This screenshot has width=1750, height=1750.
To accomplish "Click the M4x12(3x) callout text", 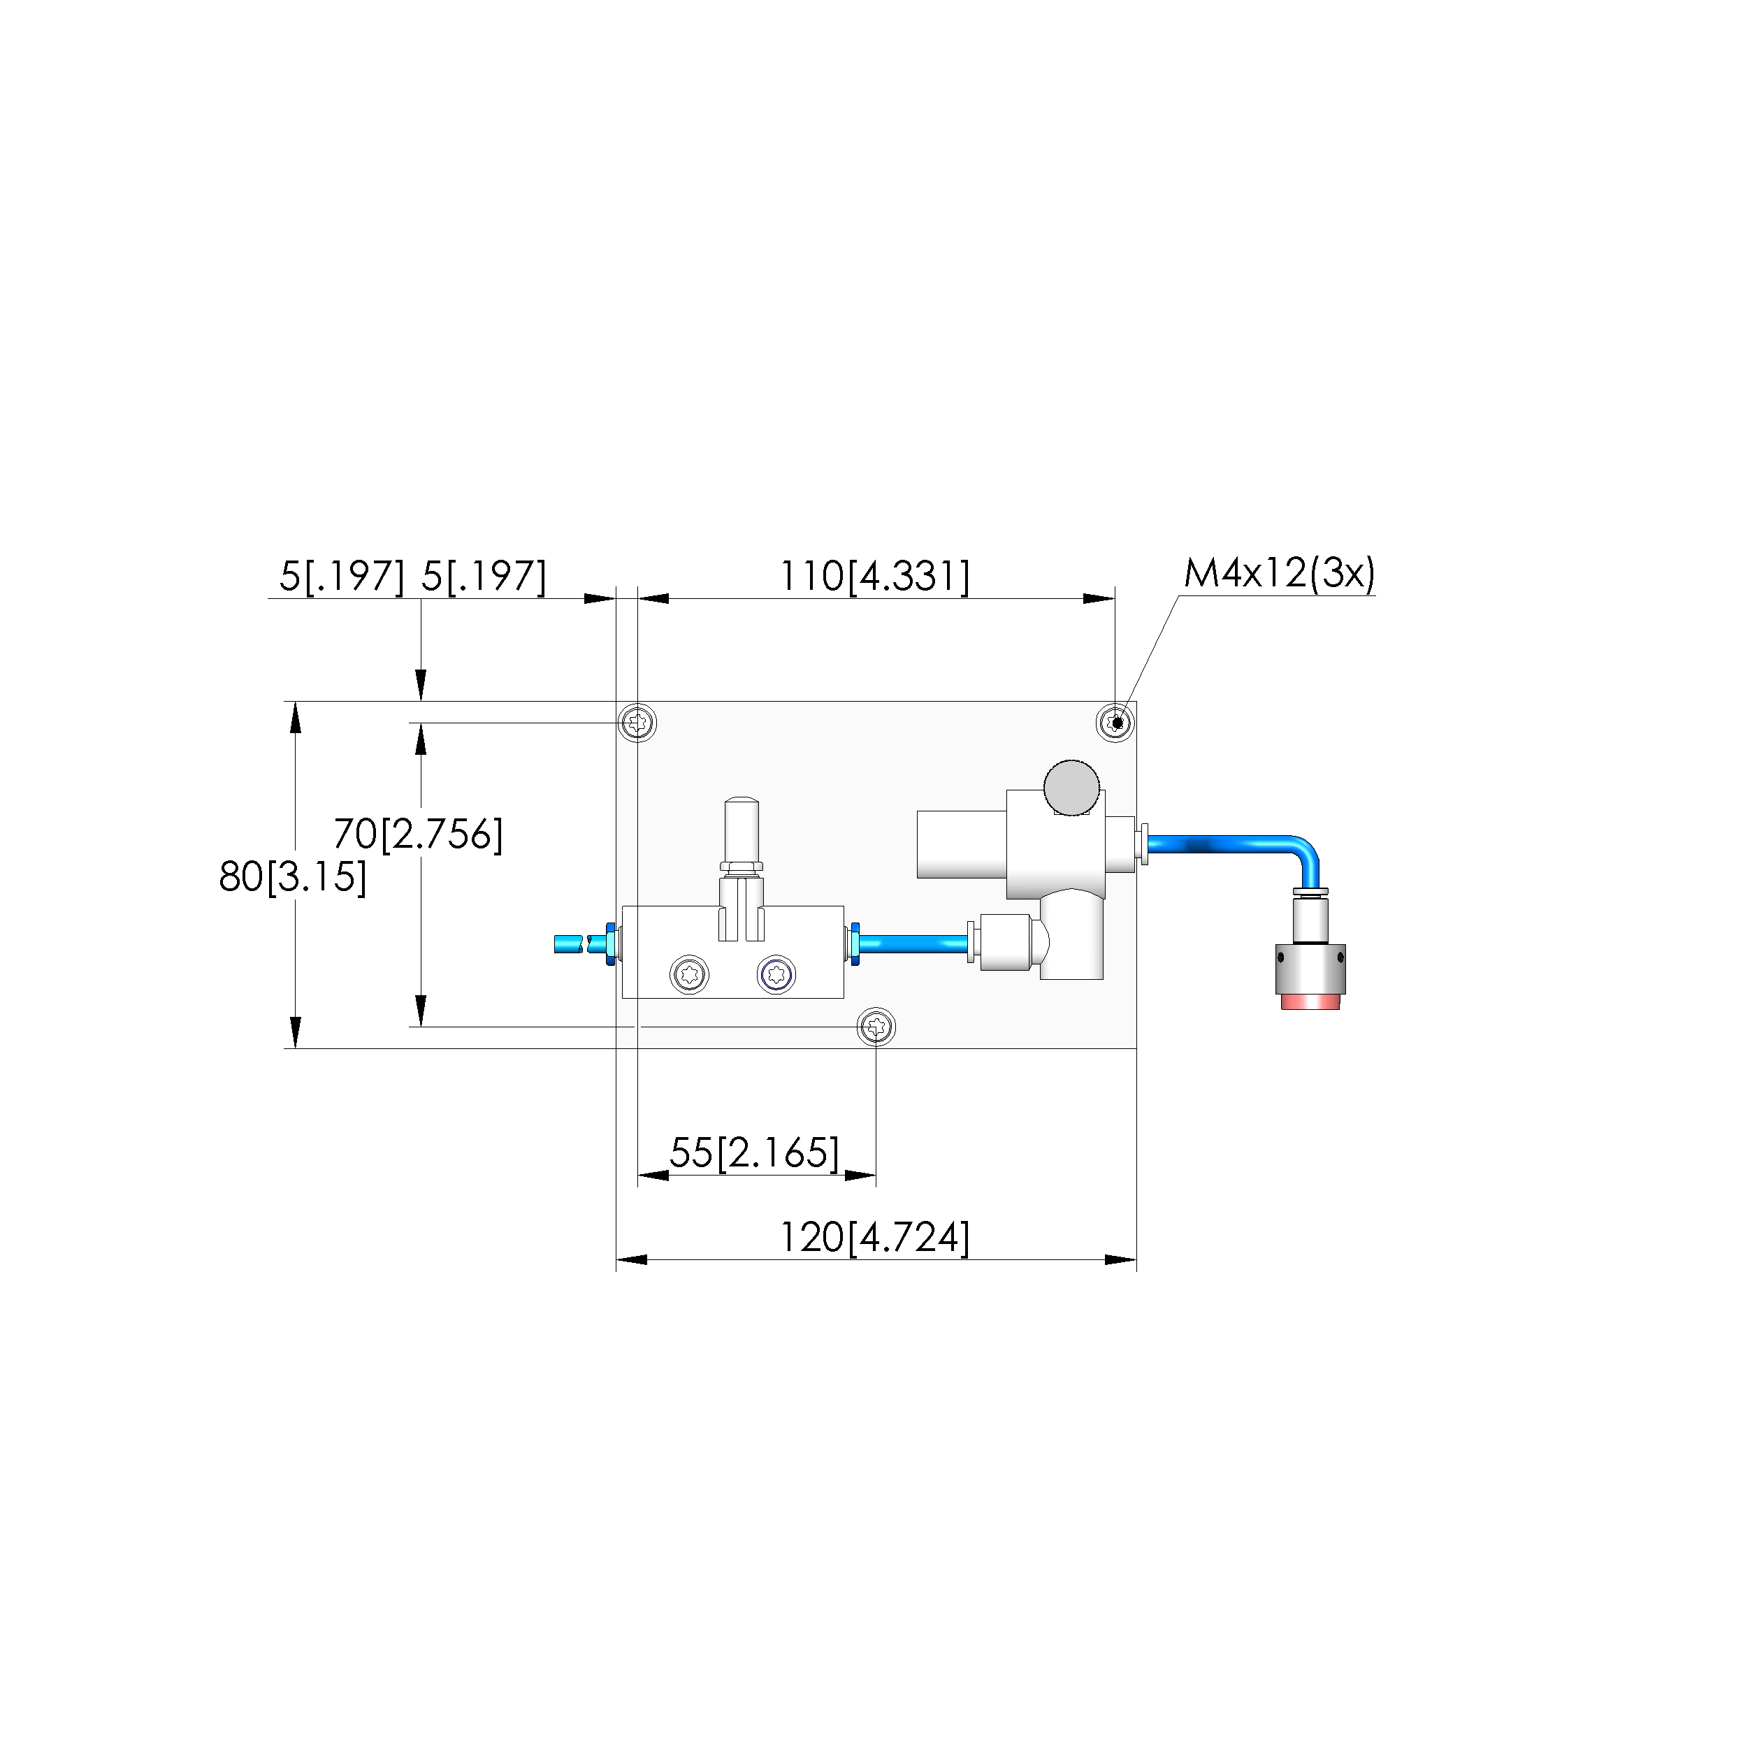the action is (x=1279, y=573).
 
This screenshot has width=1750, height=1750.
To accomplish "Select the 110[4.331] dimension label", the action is (x=875, y=576).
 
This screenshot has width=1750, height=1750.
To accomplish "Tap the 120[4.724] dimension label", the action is (x=875, y=1236).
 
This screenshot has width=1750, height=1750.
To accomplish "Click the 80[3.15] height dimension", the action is (x=294, y=877).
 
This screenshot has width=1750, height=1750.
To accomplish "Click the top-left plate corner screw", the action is (x=637, y=723).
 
